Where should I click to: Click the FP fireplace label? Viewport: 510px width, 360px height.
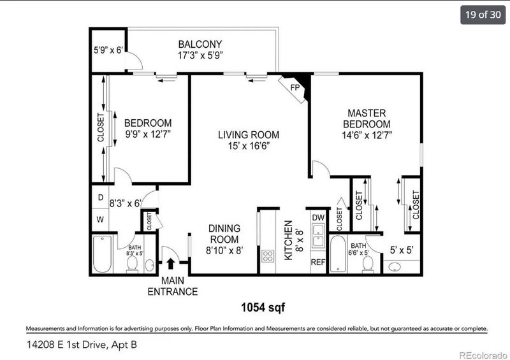pos(295,88)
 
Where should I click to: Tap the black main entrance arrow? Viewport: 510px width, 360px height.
pos(171,263)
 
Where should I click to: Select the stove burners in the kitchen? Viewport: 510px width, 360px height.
pos(268,256)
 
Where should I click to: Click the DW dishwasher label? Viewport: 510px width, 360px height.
pos(318,217)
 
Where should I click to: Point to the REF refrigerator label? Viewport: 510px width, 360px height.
pos(318,262)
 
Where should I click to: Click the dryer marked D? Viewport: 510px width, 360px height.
pos(101,198)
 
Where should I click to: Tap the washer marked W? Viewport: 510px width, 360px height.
pos(101,220)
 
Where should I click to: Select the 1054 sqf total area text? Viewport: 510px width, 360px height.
pos(263,307)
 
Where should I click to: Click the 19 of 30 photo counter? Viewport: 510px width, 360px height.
pos(483,15)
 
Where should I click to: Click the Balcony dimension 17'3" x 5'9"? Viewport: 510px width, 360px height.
pos(200,55)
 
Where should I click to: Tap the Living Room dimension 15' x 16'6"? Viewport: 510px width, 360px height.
pos(249,146)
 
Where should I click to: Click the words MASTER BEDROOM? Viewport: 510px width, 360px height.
pos(367,119)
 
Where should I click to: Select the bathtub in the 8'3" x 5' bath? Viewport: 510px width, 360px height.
pos(102,254)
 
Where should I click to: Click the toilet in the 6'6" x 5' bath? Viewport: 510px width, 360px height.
pos(368,263)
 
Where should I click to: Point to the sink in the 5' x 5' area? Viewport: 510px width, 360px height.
pos(394,267)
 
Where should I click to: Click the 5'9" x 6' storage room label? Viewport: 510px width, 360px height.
pos(108,50)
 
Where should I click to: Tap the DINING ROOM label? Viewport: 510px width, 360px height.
pos(224,234)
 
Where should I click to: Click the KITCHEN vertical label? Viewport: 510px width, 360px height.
pos(289,240)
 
